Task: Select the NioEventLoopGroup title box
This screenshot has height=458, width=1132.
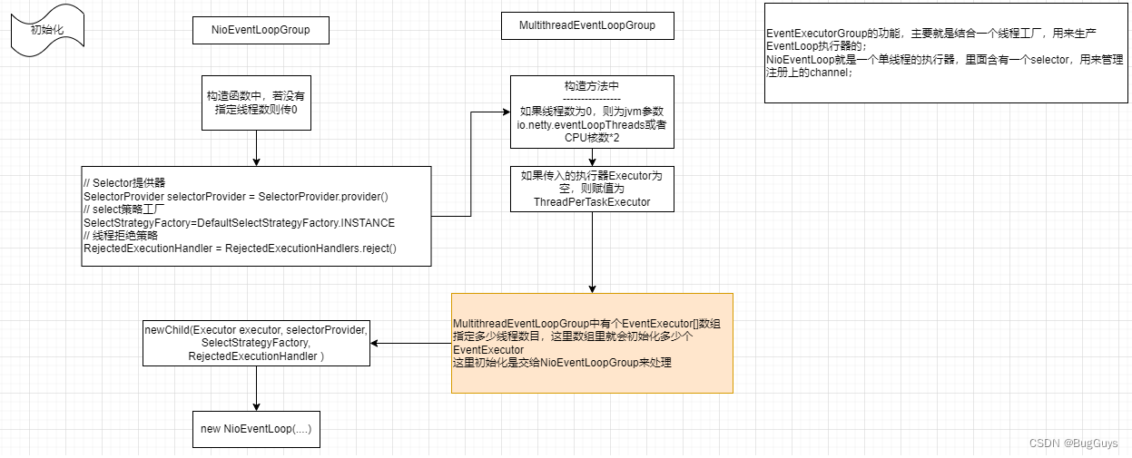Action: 261,30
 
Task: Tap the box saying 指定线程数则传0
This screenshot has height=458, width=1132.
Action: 257,102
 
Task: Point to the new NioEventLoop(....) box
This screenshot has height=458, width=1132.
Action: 256,429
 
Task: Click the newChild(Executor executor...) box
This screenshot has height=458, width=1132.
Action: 256,343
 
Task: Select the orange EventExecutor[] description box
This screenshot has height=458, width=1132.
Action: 592,343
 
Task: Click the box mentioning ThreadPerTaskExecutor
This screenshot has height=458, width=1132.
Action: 592,189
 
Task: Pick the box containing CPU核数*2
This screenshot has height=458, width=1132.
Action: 592,112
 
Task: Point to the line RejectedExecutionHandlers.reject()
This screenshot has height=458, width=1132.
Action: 310,248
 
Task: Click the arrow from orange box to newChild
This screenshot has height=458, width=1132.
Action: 411,343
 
